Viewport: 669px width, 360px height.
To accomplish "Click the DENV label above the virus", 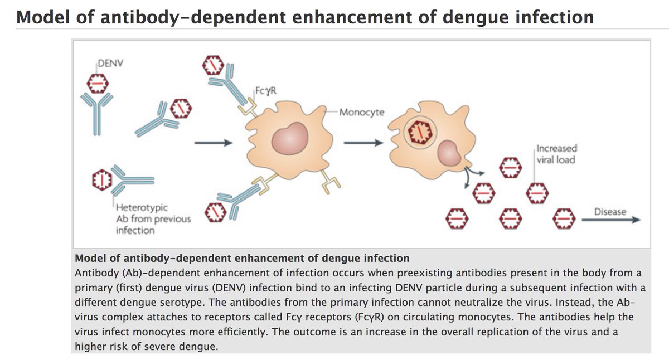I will tap(110, 63).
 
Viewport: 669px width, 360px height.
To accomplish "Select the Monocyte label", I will tap(361, 112).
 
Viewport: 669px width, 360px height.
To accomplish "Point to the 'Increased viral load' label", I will tap(556, 154).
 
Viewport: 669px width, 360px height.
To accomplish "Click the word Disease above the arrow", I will tap(610, 212).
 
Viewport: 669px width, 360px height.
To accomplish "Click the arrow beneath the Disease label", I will tap(611, 220).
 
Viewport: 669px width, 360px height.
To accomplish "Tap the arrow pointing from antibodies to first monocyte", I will tap(212, 143).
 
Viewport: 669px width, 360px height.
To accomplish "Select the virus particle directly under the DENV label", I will tap(96, 84).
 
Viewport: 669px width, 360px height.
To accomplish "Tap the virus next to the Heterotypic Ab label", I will tap(101, 179).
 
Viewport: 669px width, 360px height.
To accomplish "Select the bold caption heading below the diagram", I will tap(242, 259).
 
